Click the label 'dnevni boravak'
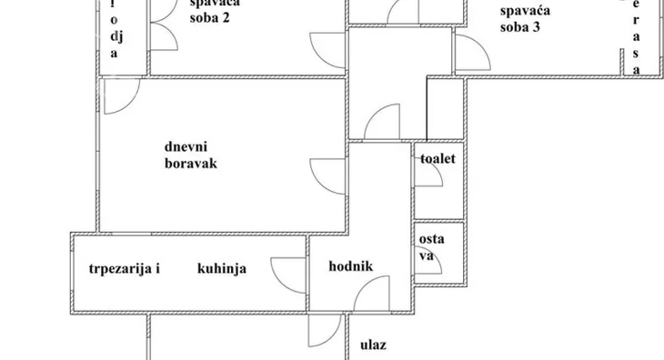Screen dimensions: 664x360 pyautogui.click(x=191, y=155)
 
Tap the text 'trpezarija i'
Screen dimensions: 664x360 pyautogui.click(x=125, y=268)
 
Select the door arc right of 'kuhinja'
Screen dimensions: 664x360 pyautogui.click(x=287, y=274)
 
